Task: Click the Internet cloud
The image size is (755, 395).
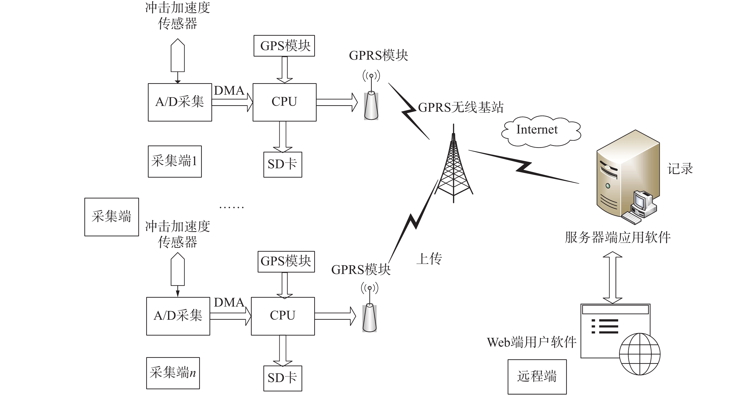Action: coord(541,131)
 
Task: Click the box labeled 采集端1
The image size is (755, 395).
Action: coord(175,162)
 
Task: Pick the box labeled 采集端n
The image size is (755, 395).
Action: coord(173,373)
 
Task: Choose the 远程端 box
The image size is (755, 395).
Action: coord(537,377)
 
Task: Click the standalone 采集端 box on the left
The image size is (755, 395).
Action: coord(112,217)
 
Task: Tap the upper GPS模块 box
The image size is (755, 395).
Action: coord(284,46)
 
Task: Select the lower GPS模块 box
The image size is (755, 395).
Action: coord(286,261)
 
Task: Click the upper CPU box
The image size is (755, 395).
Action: coord(284,102)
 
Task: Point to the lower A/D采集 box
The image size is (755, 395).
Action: coord(178,316)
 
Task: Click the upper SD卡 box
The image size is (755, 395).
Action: coord(283,164)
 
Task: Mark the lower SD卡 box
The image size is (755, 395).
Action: coord(283,378)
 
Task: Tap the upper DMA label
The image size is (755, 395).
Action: coord(229,91)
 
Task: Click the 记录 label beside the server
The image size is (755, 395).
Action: coord(680,169)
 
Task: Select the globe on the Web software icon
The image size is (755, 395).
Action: coord(639,354)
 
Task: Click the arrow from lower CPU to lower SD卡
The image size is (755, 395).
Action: coord(283,351)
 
